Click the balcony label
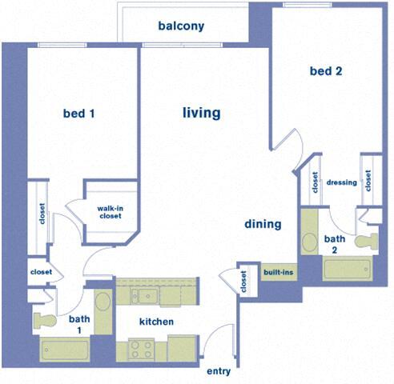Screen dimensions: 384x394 [x=181, y=26]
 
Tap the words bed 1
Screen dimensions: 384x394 [x=79, y=114]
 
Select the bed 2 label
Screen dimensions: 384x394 [x=326, y=71]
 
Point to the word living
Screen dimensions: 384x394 [x=201, y=113]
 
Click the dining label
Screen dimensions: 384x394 [x=263, y=224]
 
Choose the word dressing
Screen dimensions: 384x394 [x=342, y=182]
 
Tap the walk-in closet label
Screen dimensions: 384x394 [x=111, y=213]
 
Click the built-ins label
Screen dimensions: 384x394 [x=279, y=273]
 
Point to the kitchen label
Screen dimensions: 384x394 [x=157, y=322]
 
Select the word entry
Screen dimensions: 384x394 [x=219, y=371]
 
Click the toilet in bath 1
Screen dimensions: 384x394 [x=45, y=320]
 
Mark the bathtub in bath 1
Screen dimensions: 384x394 [x=66, y=350]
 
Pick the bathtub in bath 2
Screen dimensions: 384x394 [x=348, y=268]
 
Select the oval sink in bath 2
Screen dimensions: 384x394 [x=310, y=242]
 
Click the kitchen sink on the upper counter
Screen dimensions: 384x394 [x=147, y=296]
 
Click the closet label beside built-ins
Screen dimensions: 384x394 [x=243, y=282]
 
